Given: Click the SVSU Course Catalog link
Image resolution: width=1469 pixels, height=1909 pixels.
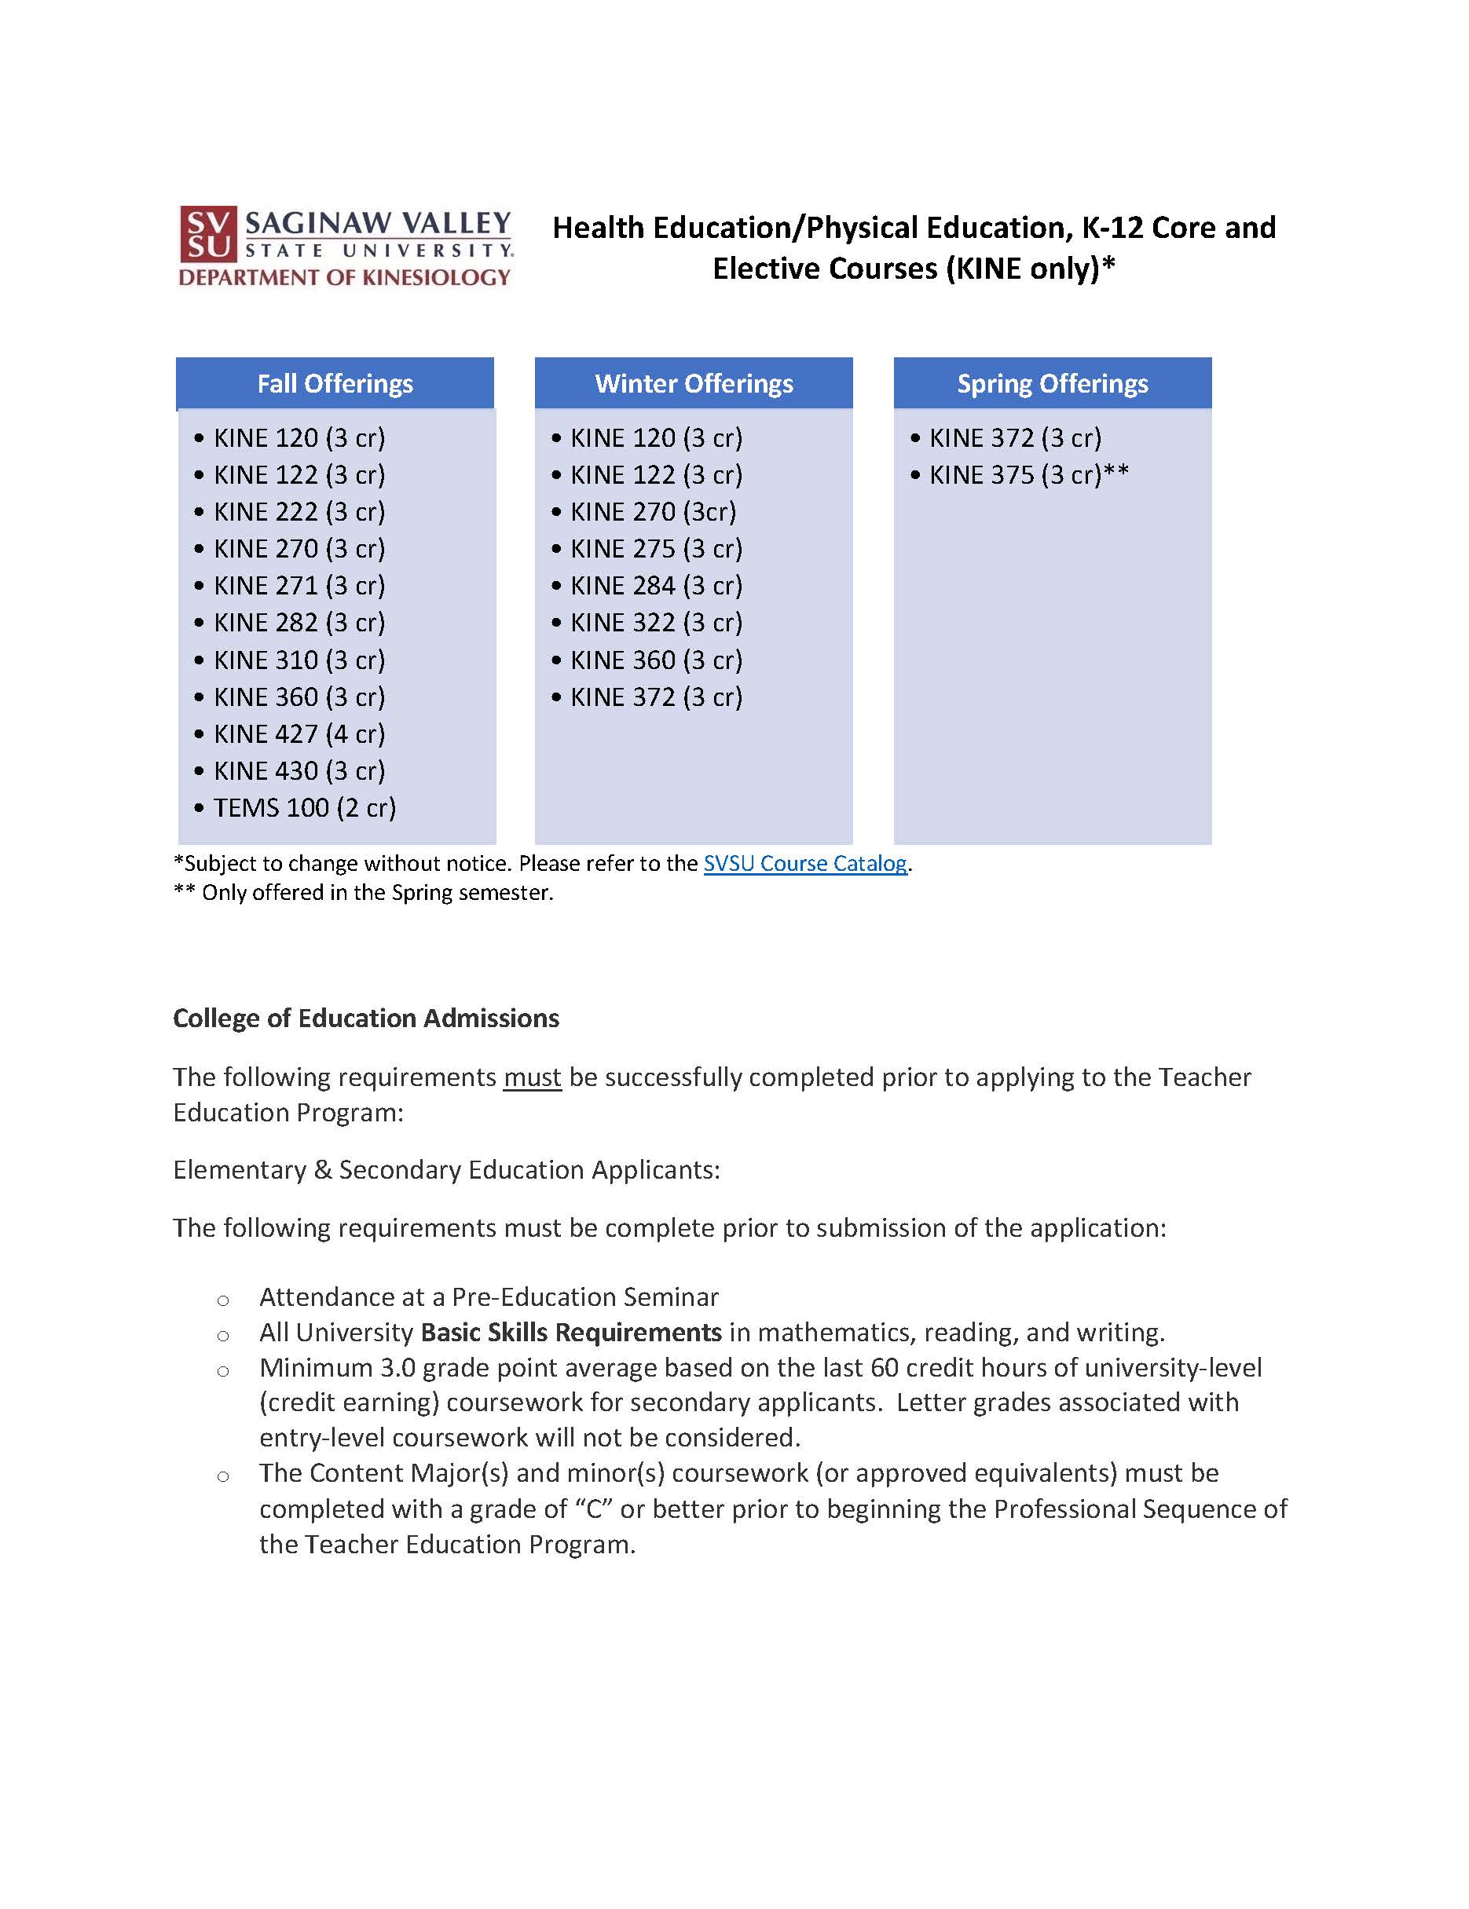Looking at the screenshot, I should coord(805,864).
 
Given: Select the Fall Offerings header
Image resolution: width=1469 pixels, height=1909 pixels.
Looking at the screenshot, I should coord(335,384).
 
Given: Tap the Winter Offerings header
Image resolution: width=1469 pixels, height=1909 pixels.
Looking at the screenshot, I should coord(694,384).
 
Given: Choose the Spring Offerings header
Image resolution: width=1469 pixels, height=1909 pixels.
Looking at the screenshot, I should coord(1052,384).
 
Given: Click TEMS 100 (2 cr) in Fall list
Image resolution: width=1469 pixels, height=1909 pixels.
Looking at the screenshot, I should coord(304,807).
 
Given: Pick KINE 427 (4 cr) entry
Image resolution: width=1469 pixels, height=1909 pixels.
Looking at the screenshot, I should coord(299,734).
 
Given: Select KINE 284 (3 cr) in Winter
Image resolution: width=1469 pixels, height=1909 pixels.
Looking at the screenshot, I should coord(656,586).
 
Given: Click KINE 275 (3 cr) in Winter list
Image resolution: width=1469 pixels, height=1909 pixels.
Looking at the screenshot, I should coord(656,549).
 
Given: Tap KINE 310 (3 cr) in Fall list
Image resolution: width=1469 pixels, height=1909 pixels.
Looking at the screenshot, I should coord(299,660).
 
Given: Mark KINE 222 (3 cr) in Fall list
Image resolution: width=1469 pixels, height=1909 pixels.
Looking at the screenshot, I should coord(299,512).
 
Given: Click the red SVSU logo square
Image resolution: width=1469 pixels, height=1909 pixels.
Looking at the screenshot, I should coord(208,234).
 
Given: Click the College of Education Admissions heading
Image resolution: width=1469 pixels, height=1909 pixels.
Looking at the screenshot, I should coord(365,1018).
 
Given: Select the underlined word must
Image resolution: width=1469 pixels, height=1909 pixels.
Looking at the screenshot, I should coord(532,1077).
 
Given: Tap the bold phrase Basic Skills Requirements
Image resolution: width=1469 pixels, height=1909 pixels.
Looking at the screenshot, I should coord(571,1332).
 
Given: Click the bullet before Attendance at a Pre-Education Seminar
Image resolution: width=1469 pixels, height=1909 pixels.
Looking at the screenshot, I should coord(223,1300).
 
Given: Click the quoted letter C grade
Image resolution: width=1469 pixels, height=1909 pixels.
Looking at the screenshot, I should coord(594,1509).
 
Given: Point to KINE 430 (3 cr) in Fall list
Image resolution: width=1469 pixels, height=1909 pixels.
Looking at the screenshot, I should coord(299,771).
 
